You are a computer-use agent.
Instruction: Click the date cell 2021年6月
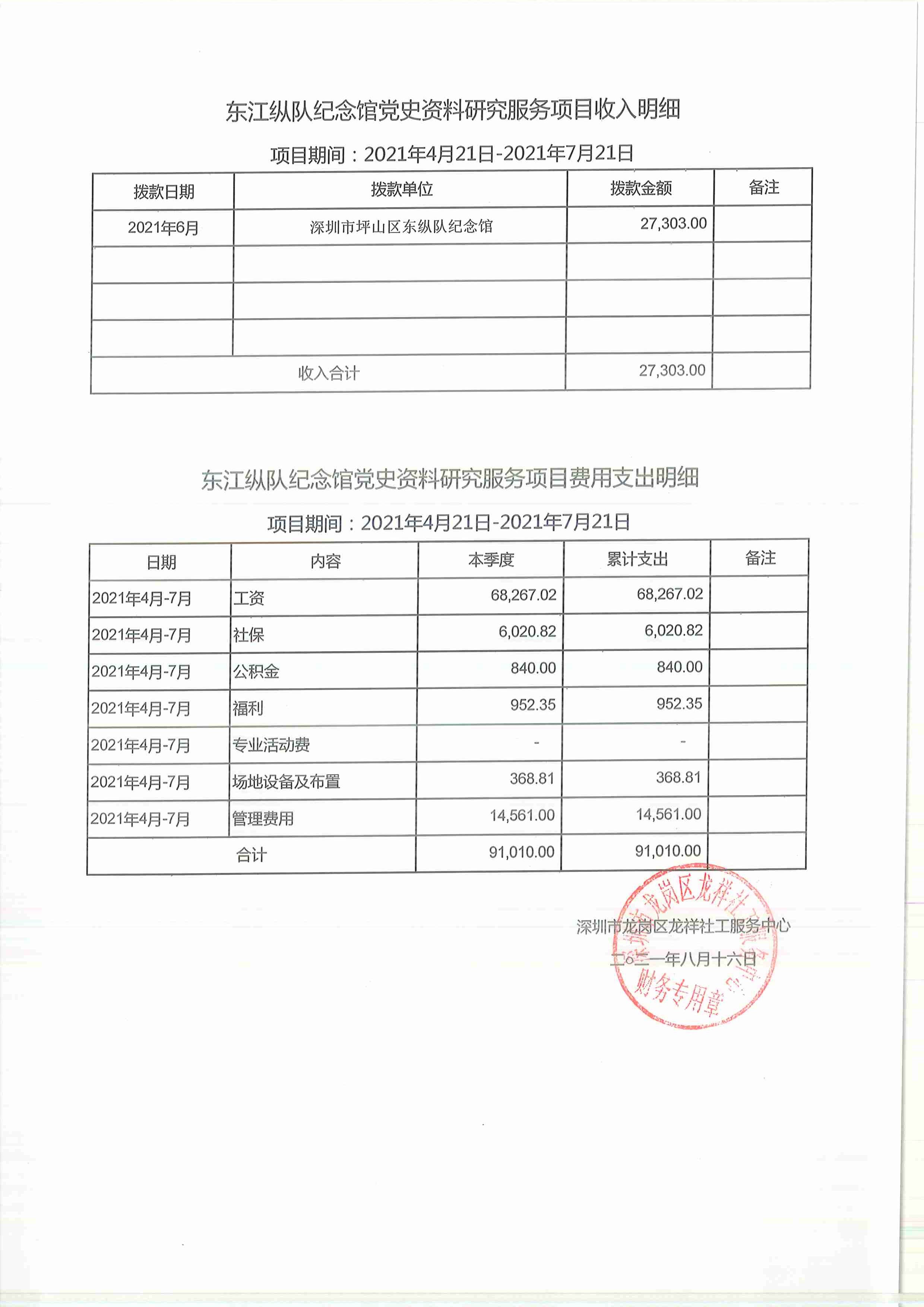pos(164,228)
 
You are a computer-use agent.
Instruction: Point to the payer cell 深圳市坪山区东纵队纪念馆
pos(401,227)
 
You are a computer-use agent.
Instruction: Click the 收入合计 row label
pos(329,373)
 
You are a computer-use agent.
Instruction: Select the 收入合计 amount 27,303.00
pos(672,371)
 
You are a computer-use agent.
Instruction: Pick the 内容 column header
pos(325,561)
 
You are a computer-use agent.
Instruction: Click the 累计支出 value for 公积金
pos(679,667)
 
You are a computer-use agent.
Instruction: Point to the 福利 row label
pos(248,709)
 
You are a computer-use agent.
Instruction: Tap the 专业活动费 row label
pos(271,745)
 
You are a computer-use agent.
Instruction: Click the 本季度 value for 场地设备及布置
pos(532,778)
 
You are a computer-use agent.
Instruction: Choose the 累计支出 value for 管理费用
pos(668,814)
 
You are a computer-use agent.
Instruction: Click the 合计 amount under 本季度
pos(522,852)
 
